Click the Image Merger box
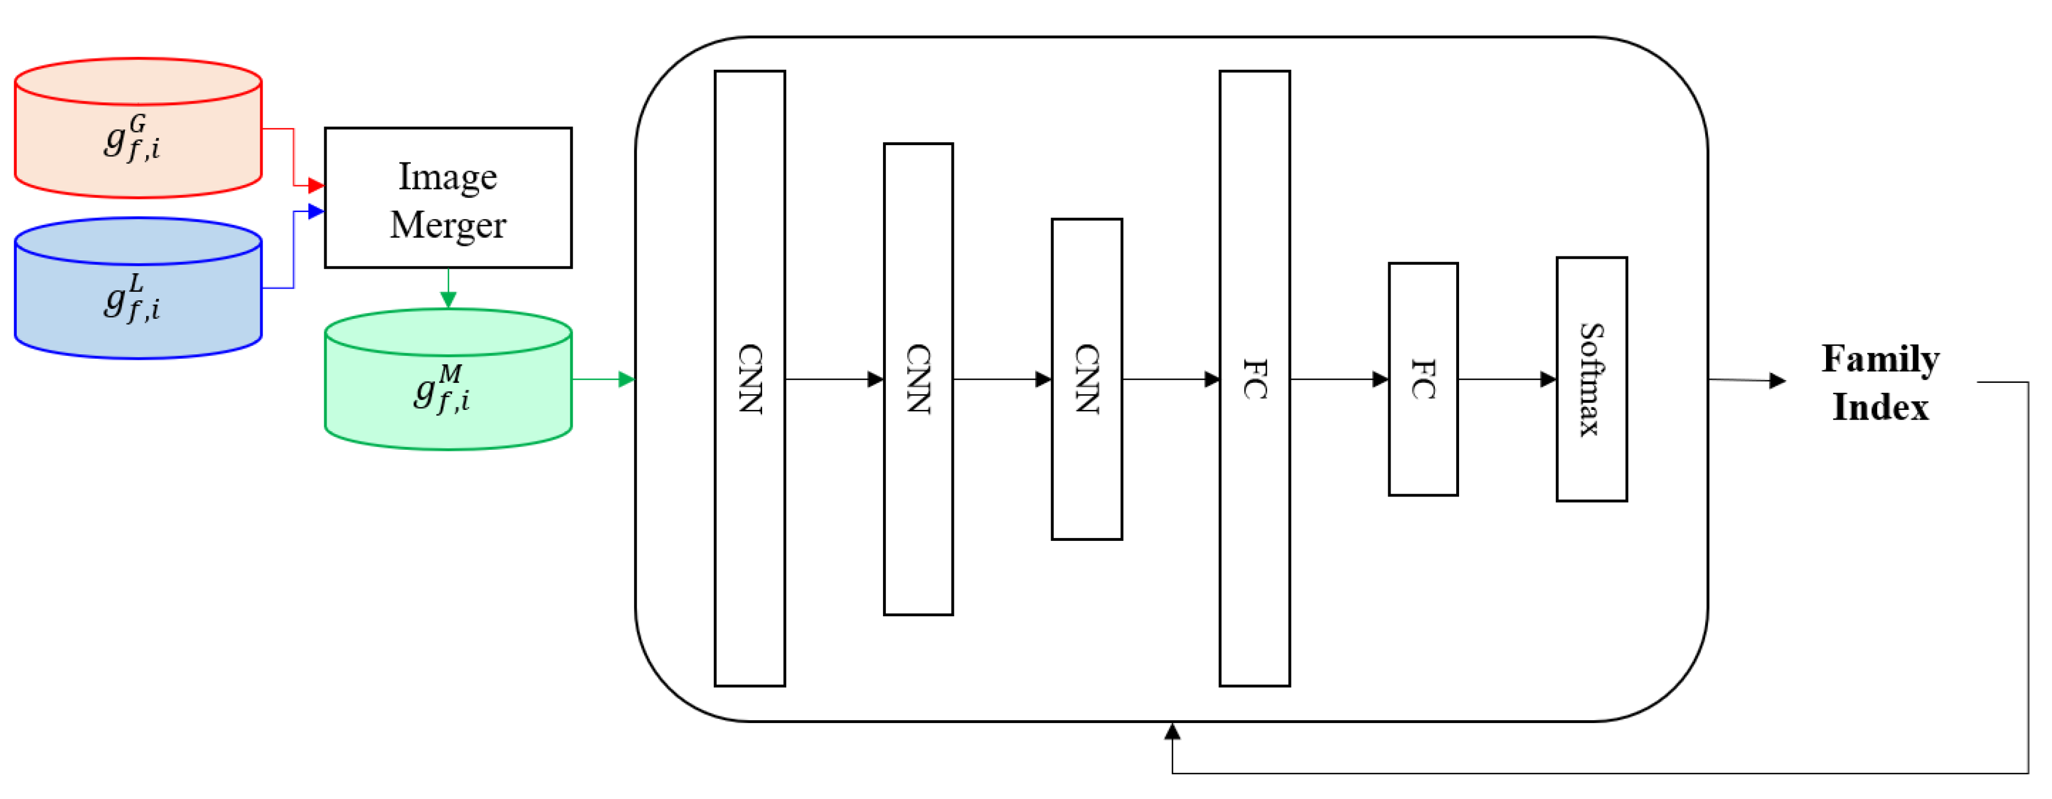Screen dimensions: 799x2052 coord(448,197)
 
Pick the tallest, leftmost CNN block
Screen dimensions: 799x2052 coord(750,378)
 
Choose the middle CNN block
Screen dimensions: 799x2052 coord(918,379)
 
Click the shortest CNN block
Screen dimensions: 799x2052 coord(1086,379)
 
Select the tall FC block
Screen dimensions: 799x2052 coord(1254,378)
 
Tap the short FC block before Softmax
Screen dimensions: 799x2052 coord(1423,379)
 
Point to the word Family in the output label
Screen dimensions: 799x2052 coord(1880,359)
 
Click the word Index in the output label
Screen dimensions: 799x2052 coord(1880,407)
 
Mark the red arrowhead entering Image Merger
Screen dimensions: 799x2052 coord(316,186)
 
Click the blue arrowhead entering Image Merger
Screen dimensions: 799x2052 coord(316,211)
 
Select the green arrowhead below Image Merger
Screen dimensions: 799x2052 coord(449,300)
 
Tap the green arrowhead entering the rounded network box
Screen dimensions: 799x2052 coord(627,379)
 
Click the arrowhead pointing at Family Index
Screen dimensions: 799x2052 coord(1777,381)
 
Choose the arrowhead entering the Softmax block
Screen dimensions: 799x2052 coord(1548,379)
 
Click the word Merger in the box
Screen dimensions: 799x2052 coord(448,225)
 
